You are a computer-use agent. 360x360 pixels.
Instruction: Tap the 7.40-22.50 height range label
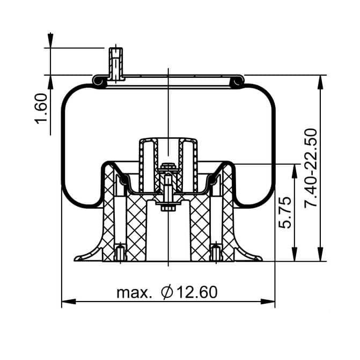(311, 168)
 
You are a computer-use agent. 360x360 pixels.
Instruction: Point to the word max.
(134, 292)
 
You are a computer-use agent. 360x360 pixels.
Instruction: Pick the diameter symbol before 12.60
(167, 292)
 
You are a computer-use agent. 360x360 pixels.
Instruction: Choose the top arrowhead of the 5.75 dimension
(294, 170)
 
